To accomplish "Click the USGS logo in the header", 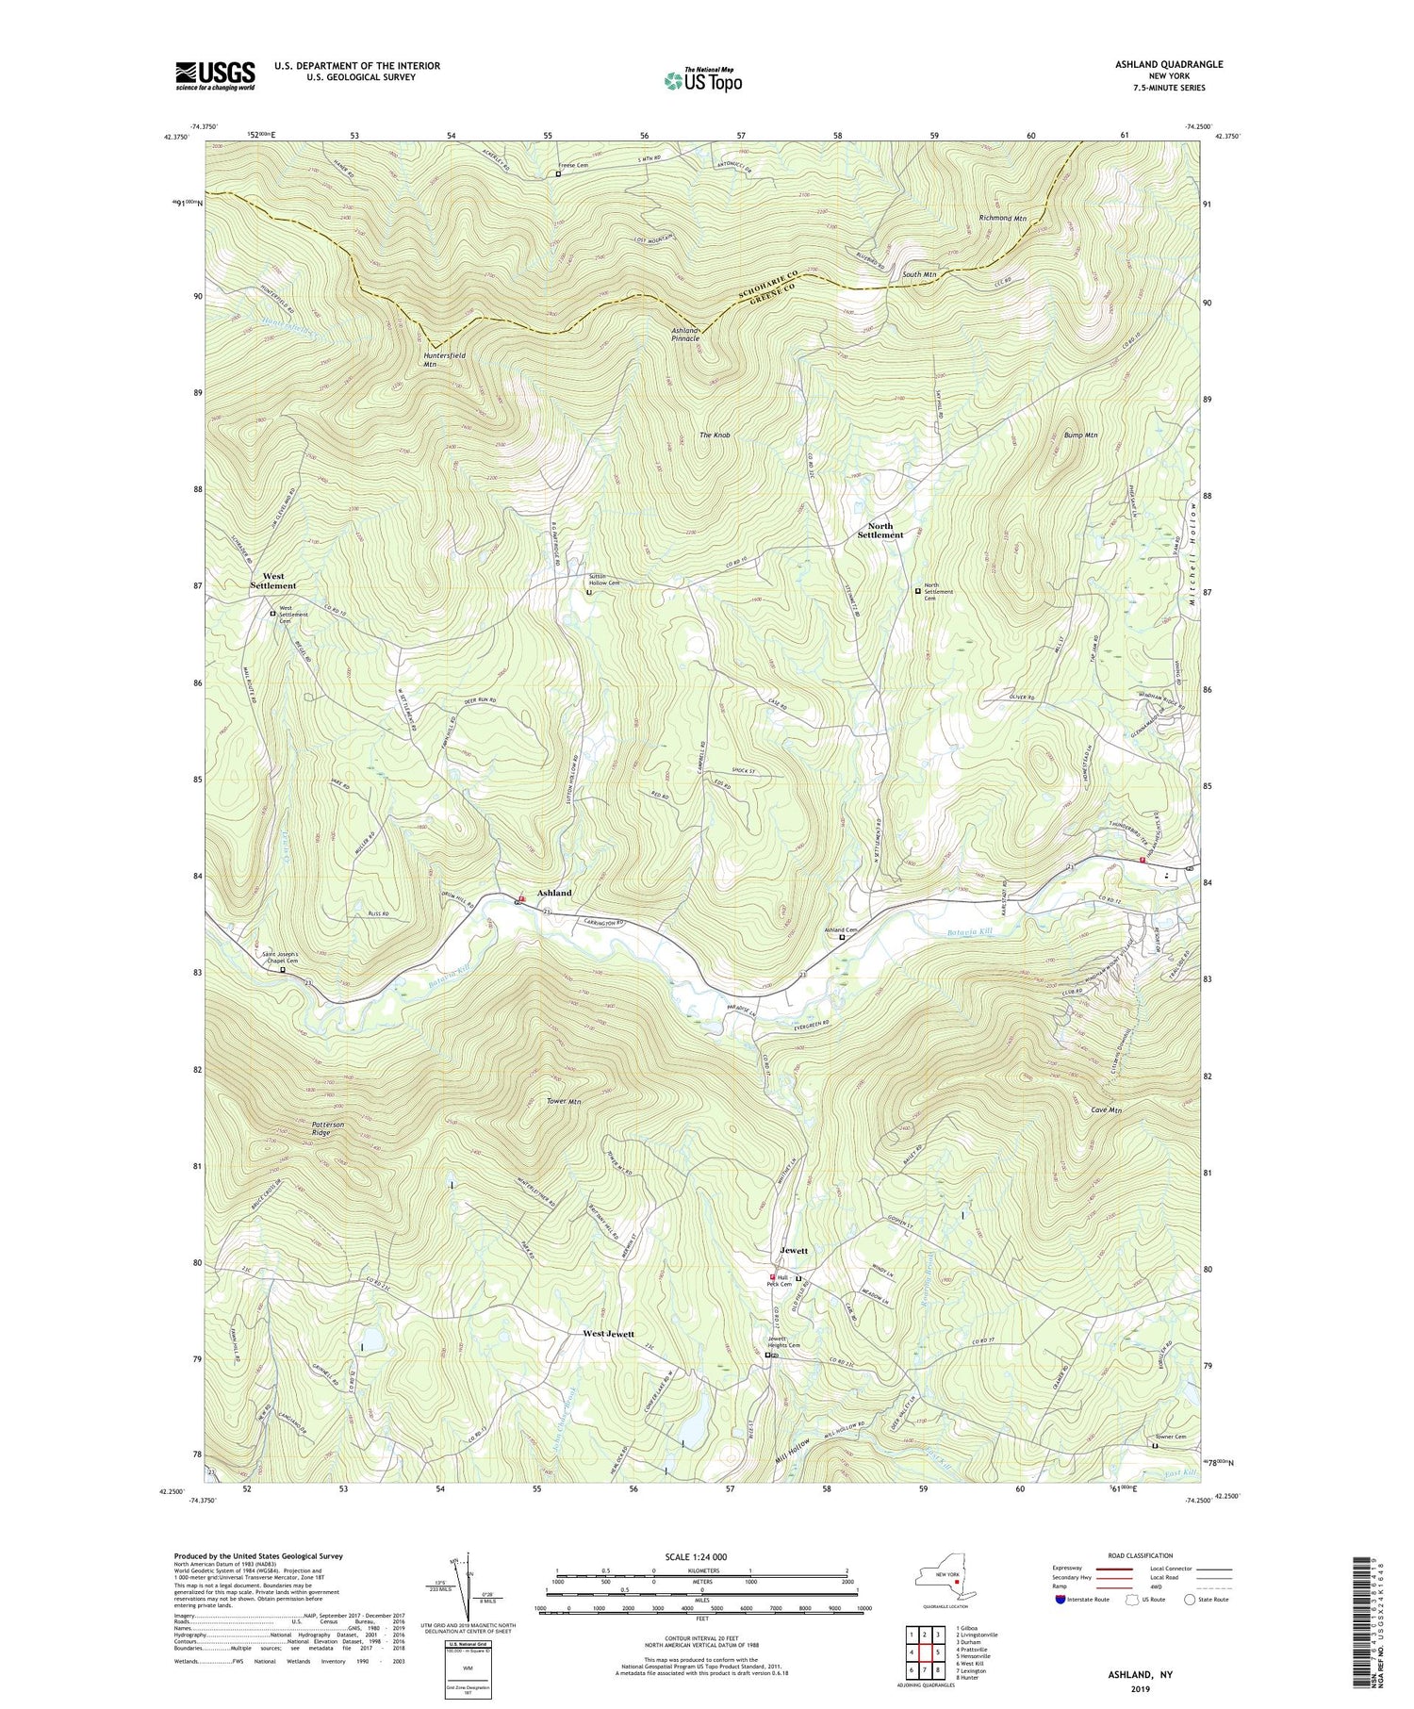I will (215, 75).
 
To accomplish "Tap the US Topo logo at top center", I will (702, 81).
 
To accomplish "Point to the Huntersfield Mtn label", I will (443, 359).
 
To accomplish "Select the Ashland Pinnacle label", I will (685, 335).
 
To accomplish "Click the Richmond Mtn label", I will (1002, 218).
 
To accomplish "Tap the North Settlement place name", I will (880, 530).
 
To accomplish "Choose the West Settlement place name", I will (273, 581).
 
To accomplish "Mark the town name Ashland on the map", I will (554, 892).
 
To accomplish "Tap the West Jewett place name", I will (608, 1334).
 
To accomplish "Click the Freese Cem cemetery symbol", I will (558, 174).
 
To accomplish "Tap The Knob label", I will (715, 435).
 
